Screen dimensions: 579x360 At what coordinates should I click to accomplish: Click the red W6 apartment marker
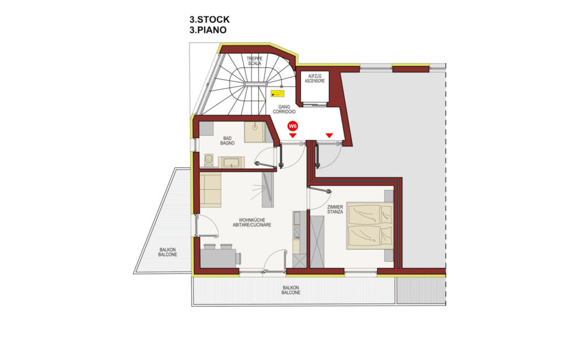tap(292, 126)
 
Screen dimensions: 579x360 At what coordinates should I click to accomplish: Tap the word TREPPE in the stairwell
tap(254, 58)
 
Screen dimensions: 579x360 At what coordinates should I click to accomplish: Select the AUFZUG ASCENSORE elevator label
tap(314, 79)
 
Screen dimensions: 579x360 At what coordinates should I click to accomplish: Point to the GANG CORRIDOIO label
tap(284, 109)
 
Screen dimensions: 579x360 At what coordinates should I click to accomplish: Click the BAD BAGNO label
tap(227, 141)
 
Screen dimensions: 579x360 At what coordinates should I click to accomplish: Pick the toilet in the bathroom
tap(209, 160)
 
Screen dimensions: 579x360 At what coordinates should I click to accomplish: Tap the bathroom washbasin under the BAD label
tap(231, 162)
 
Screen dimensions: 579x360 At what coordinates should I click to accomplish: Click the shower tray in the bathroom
tap(254, 132)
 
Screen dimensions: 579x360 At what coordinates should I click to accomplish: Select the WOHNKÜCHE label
tap(252, 220)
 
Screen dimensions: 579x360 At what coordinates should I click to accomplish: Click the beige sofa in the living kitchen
tap(210, 190)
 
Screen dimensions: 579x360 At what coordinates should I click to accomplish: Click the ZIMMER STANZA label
tap(335, 209)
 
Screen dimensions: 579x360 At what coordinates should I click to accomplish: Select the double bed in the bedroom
tap(370, 226)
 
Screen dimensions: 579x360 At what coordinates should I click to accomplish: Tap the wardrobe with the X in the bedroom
tap(317, 242)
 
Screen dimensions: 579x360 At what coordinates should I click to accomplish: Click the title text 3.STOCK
tap(209, 20)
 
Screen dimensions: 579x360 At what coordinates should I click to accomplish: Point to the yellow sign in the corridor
tap(277, 93)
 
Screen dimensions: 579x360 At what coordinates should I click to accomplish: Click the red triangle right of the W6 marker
tap(330, 136)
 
